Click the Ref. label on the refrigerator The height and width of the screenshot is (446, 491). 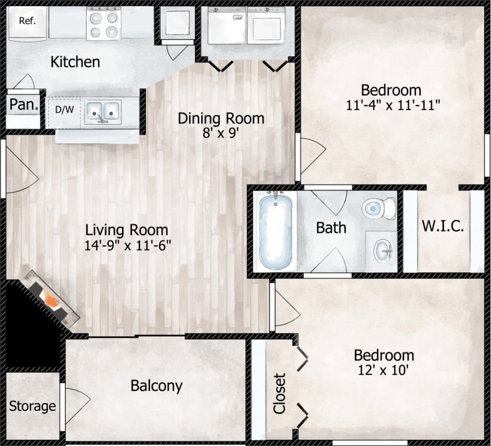coord(27,21)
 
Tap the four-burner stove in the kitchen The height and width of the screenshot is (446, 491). coord(104,24)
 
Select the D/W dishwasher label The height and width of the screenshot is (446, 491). coord(64,110)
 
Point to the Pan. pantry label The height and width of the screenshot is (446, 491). coord(23,104)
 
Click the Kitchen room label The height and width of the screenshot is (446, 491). coord(75,62)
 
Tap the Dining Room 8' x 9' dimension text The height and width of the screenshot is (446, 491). coord(221,133)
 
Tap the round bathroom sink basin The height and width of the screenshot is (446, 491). coord(383,251)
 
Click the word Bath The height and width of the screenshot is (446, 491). coord(330,228)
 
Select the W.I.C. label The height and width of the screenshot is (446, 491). coord(443,226)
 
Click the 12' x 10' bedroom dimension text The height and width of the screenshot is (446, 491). coord(384,370)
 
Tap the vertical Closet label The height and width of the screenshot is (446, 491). coord(279,394)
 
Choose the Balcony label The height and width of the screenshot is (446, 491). coord(156,386)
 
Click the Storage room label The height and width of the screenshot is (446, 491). coord(33,406)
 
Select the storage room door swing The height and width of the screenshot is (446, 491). coord(75,402)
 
